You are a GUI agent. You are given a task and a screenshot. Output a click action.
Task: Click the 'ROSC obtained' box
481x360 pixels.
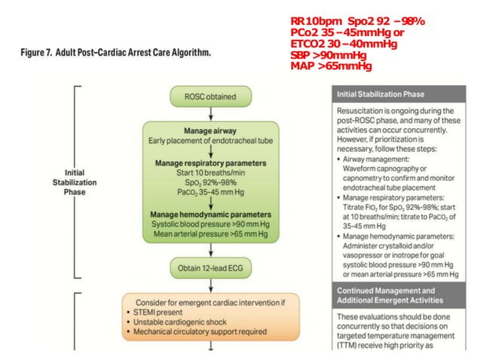click(x=210, y=96)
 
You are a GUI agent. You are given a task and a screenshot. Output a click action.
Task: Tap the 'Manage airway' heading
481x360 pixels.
click(x=210, y=130)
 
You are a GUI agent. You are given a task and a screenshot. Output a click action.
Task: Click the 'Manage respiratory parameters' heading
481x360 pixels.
click(x=210, y=162)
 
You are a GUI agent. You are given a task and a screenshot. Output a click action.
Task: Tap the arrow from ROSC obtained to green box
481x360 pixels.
click(x=210, y=111)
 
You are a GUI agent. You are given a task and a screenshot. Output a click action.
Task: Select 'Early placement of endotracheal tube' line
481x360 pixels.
click(x=210, y=139)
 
